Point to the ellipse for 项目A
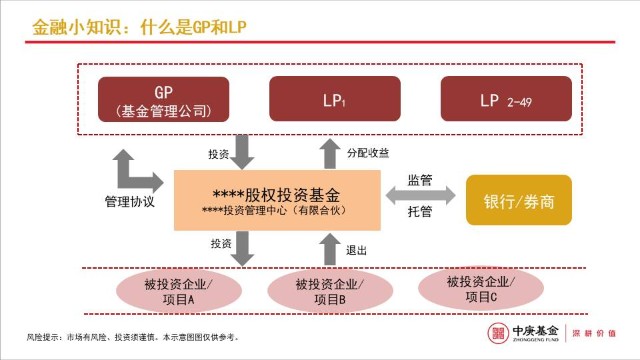click(x=183, y=291)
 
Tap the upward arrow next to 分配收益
click(x=330, y=154)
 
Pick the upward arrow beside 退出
click(x=330, y=246)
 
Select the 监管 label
click(x=420, y=180)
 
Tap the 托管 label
click(x=420, y=212)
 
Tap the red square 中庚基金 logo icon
click(x=497, y=333)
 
